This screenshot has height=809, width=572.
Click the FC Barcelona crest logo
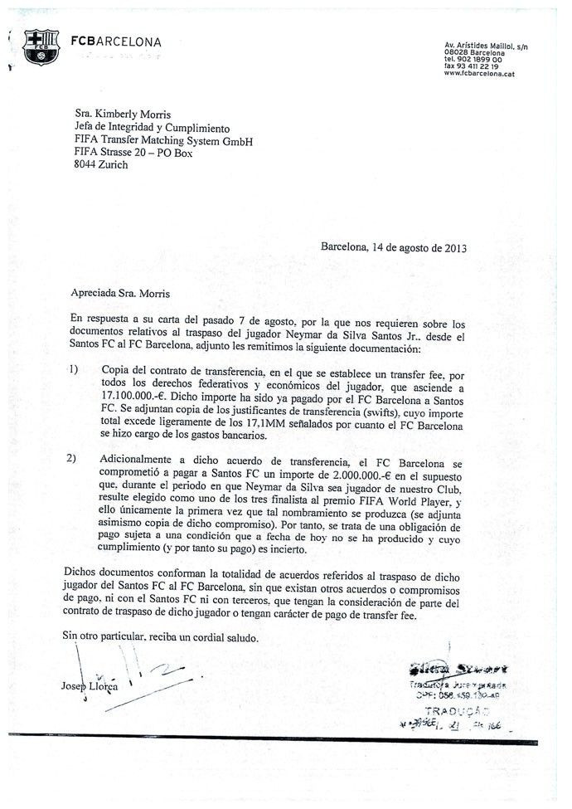[x=40, y=48]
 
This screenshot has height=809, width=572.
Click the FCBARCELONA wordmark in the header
[x=116, y=41]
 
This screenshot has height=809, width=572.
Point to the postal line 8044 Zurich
[x=101, y=165]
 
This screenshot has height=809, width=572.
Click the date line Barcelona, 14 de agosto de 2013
[x=394, y=246]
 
